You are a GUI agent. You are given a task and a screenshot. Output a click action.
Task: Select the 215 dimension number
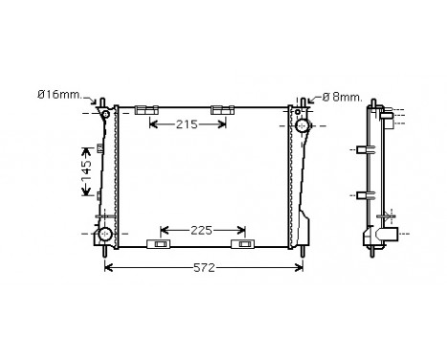coord(188,124)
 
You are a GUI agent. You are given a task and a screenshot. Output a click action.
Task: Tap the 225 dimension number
coord(202,230)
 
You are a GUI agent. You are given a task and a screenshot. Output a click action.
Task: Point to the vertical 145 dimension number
coord(85,172)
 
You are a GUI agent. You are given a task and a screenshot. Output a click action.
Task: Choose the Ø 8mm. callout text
coord(341,95)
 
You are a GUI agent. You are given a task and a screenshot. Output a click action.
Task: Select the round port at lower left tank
coord(104,234)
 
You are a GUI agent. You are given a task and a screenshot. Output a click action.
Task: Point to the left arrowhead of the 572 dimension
coord(106,267)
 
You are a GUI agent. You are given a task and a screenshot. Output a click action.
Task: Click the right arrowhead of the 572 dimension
coord(301,267)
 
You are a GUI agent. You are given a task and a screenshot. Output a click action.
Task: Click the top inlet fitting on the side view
coord(388,115)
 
